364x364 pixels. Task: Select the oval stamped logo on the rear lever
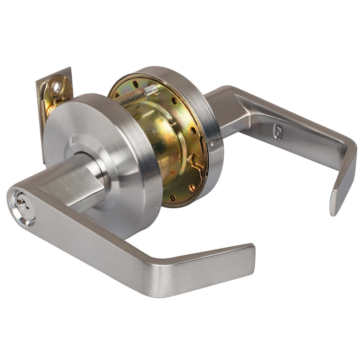pos(279,131)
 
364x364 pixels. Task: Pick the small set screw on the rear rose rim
pos(212,144)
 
